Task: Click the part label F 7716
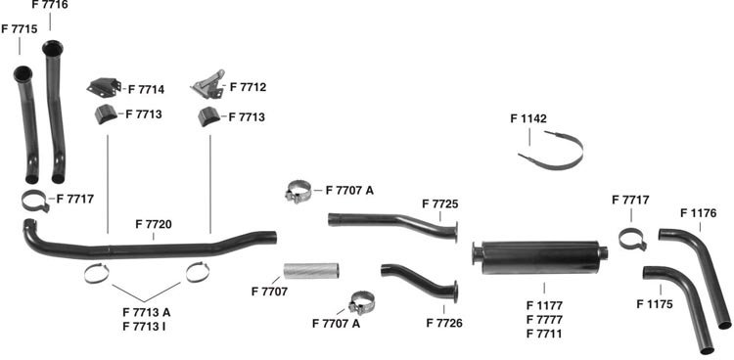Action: tap(50, 5)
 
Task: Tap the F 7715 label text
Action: tap(20, 28)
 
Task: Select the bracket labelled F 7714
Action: tap(104, 87)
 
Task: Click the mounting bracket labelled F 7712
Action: tap(208, 85)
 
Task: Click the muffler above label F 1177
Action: tap(539, 257)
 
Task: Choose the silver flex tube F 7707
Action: tap(311, 271)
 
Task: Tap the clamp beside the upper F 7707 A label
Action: tap(298, 192)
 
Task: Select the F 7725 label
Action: tap(440, 204)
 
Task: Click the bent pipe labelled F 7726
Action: tap(417, 280)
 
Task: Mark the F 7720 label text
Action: tap(154, 224)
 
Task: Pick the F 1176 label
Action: tap(698, 213)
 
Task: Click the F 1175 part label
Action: tap(655, 304)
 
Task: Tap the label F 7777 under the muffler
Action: tap(544, 320)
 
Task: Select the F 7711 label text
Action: tap(544, 334)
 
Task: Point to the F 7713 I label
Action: tap(144, 327)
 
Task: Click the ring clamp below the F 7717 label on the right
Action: tap(632, 239)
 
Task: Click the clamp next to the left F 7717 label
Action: tap(35, 202)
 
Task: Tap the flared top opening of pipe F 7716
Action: tap(53, 48)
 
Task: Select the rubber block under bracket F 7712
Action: tap(208, 116)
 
